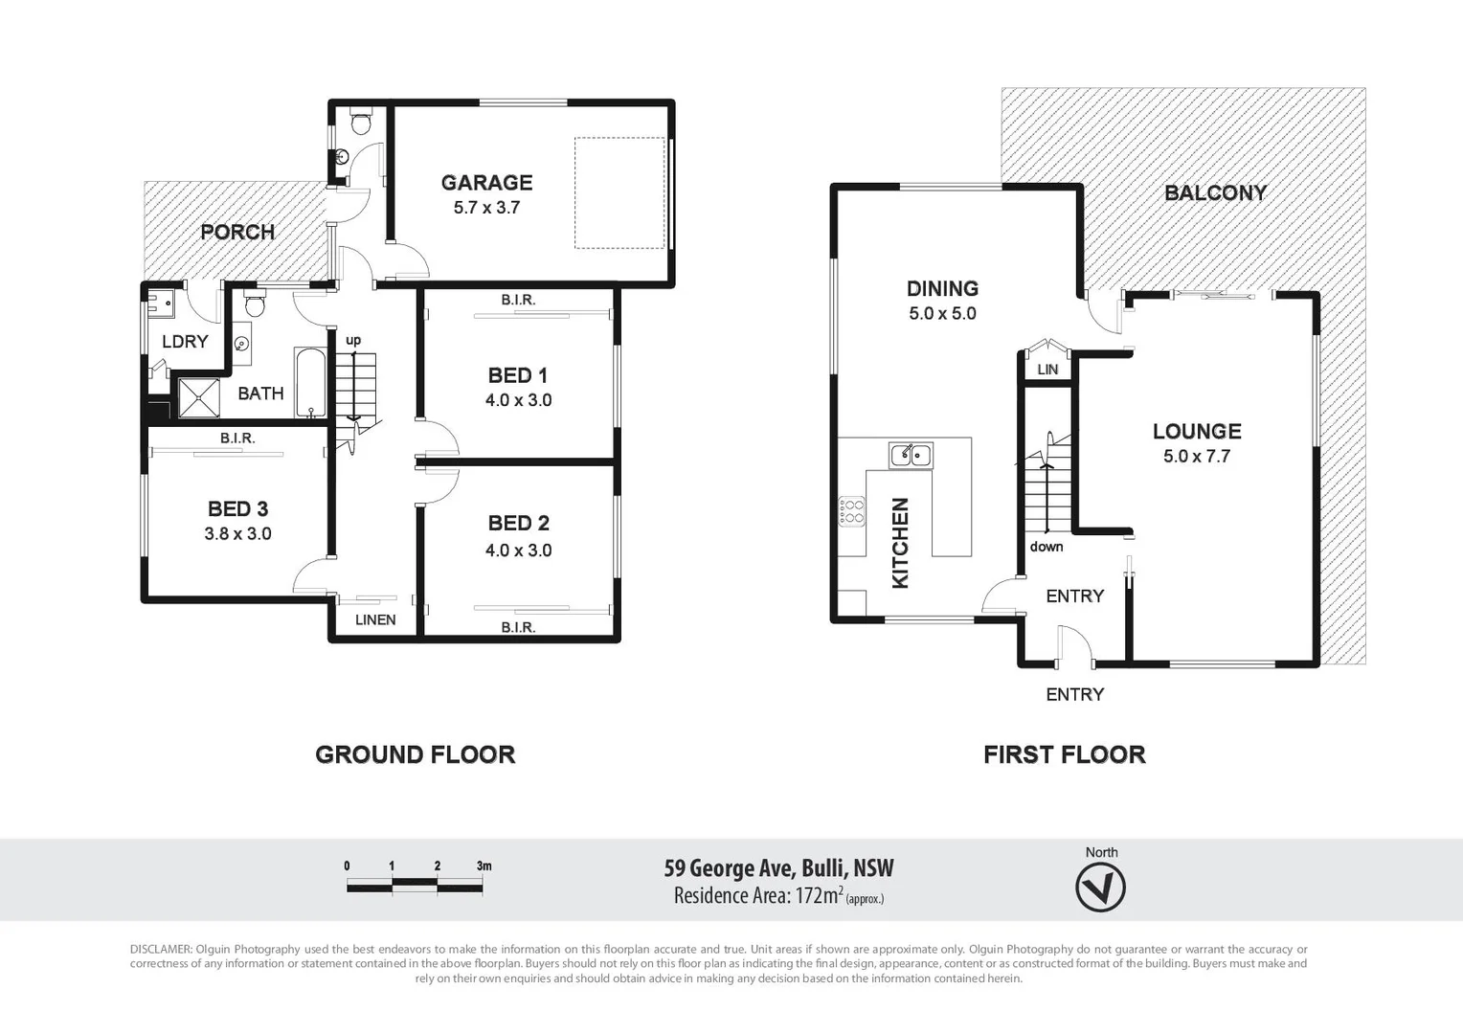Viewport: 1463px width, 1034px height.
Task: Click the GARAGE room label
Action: (486, 182)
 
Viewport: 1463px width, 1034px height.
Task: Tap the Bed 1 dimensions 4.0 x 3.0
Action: (518, 401)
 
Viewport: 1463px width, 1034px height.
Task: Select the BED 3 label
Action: (237, 509)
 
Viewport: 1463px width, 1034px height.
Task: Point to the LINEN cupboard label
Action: (375, 619)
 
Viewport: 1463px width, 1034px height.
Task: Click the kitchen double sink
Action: (911, 455)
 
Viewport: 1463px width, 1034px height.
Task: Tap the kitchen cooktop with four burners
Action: (851, 511)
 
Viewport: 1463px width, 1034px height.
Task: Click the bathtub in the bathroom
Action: (310, 383)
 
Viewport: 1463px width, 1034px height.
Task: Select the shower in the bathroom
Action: (199, 398)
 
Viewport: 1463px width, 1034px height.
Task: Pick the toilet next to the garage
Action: (361, 123)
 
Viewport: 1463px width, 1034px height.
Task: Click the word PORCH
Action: (237, 232)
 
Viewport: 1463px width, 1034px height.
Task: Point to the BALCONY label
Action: (1215, 192)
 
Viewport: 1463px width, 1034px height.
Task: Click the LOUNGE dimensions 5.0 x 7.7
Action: (1197, 457)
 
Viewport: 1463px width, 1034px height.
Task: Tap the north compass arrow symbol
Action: (1100, 888)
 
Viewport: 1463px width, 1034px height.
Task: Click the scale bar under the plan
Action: (415, 888)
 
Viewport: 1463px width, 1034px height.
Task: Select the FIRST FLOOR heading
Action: (1064, 754)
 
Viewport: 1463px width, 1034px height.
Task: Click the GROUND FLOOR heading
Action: (415, 754)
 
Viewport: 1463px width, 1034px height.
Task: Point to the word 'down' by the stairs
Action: (1047, 547)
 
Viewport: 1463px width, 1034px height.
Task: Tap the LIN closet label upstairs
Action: (1047, 369)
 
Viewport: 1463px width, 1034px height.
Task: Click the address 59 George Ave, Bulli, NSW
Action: (778, 868)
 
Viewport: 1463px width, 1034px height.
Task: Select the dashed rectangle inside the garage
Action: (619, 192)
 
